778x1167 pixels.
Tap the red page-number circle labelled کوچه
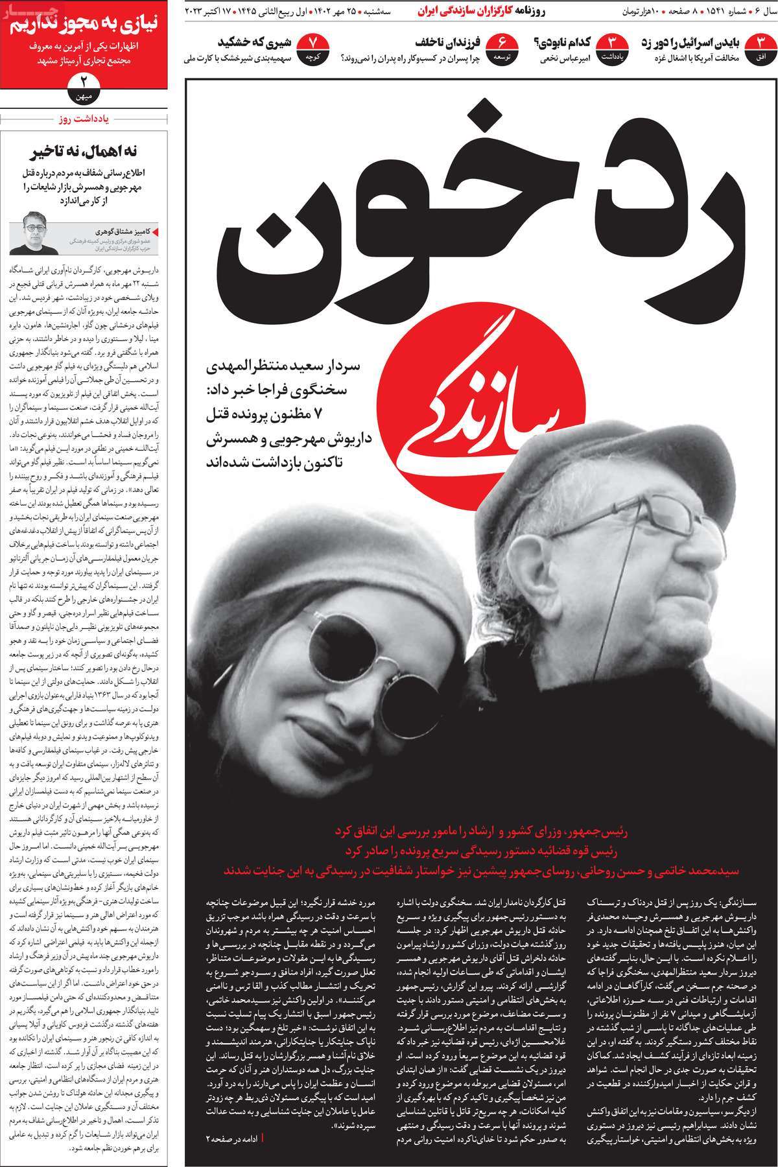[x=312, y=50]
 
